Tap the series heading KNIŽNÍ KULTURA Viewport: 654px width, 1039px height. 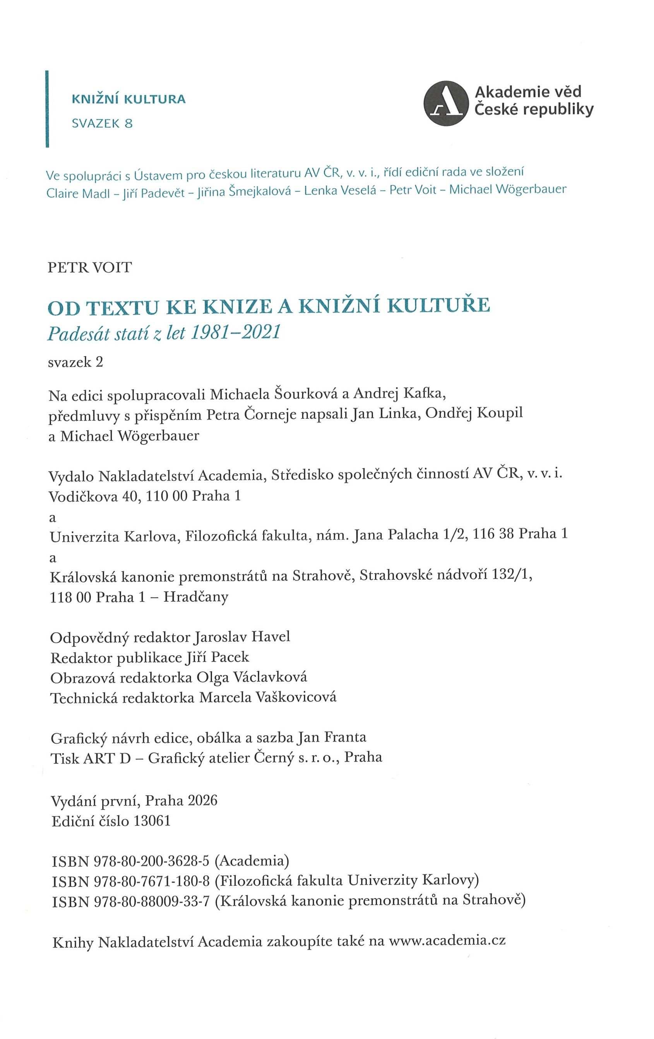coord(128,99)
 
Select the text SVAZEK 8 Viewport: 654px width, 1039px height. coord(102,124)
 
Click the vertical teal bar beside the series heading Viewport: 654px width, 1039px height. coord(47,109)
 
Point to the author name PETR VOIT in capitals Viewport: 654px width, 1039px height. coord(90,267)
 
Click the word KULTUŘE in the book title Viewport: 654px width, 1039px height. coord(438,305)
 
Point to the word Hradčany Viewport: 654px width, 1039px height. coord(196,597)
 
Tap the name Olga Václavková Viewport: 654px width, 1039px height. coord(252,678)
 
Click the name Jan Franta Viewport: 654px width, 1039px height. coord(331,738)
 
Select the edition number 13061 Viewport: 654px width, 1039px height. coord(152,821)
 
